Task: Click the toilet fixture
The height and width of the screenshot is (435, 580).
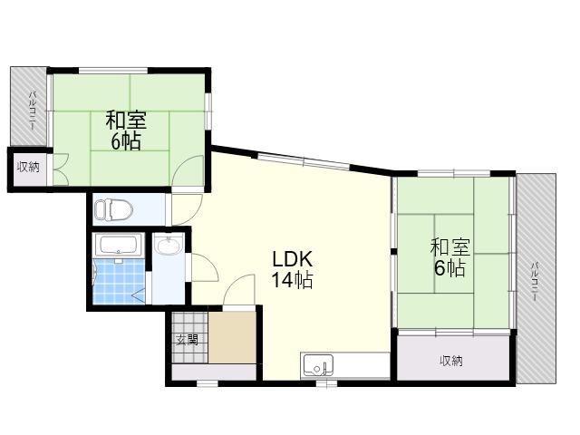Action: pyautogui.click(x=113, y=209)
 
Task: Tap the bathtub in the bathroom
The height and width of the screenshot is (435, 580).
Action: pyautogui.click(x=119, y=245)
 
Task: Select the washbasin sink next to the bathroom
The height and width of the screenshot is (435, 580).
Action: pyautogui.click(x=168, y=245)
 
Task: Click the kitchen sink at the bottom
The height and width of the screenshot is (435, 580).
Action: pyautogui.click(x=318, y=365)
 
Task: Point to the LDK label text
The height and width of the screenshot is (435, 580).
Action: pyautogui.click(x=292, y=259)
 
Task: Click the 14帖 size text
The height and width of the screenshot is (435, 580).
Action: pyautogui.click(x=292, y=280)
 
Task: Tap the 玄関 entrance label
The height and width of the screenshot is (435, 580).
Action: pyautogui.click(x=187, y=339)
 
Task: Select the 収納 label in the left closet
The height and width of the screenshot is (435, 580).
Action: pyautogui.click(x=28, y=167)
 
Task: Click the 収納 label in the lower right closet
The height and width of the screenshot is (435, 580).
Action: pyautogui.click(x=451, y=361)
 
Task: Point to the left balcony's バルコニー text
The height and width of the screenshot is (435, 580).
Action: pyautogui.click(x=32, y=111)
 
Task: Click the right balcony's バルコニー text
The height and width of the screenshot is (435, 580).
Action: pyautogui.click(x=534, y=281)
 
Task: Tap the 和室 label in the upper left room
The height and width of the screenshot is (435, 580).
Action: pyautogui.click(x=126, y=121)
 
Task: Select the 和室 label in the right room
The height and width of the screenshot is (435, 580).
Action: pyautogui.click(x=450, y=247)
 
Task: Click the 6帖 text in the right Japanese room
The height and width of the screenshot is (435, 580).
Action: pyautogui.click(x=449, y=268)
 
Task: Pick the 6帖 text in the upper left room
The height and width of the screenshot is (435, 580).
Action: pyautogui.click(x=126, y=141)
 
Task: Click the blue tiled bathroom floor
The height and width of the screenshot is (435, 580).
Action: pyautogui.click(x=119, y=281)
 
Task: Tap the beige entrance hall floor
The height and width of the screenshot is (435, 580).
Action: pyautogui.click(x=232, y=338)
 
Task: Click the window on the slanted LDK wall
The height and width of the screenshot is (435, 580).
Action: pyautogui.click(x=304, y=161)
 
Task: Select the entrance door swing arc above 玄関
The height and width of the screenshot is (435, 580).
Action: pyautogui.click(x=238, y=289)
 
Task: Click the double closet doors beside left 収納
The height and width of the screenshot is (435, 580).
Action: pyautogui.click(x=61, y=169)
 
